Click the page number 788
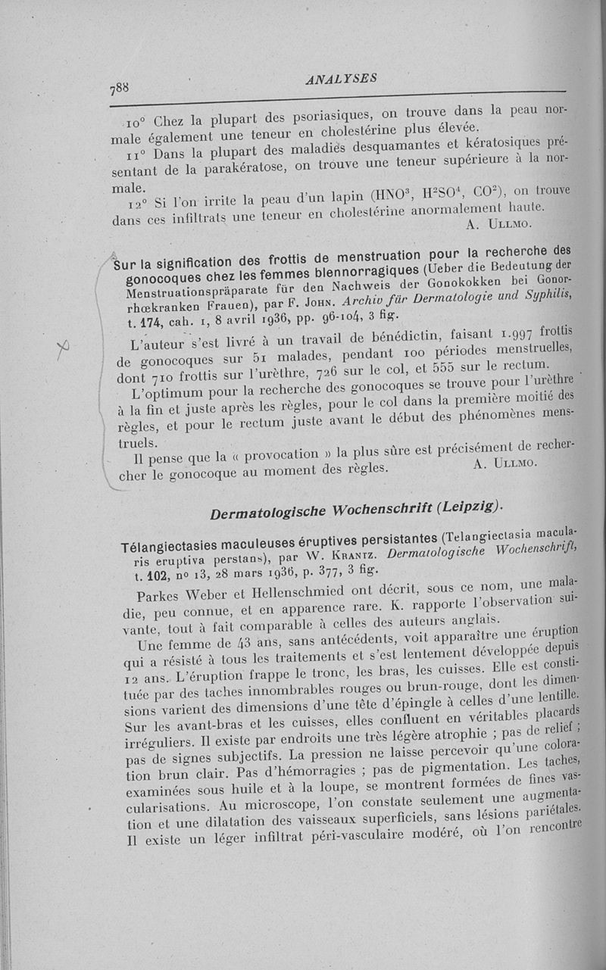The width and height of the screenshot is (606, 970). click(120, 88)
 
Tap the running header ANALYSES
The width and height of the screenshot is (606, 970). click(342, 78)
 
